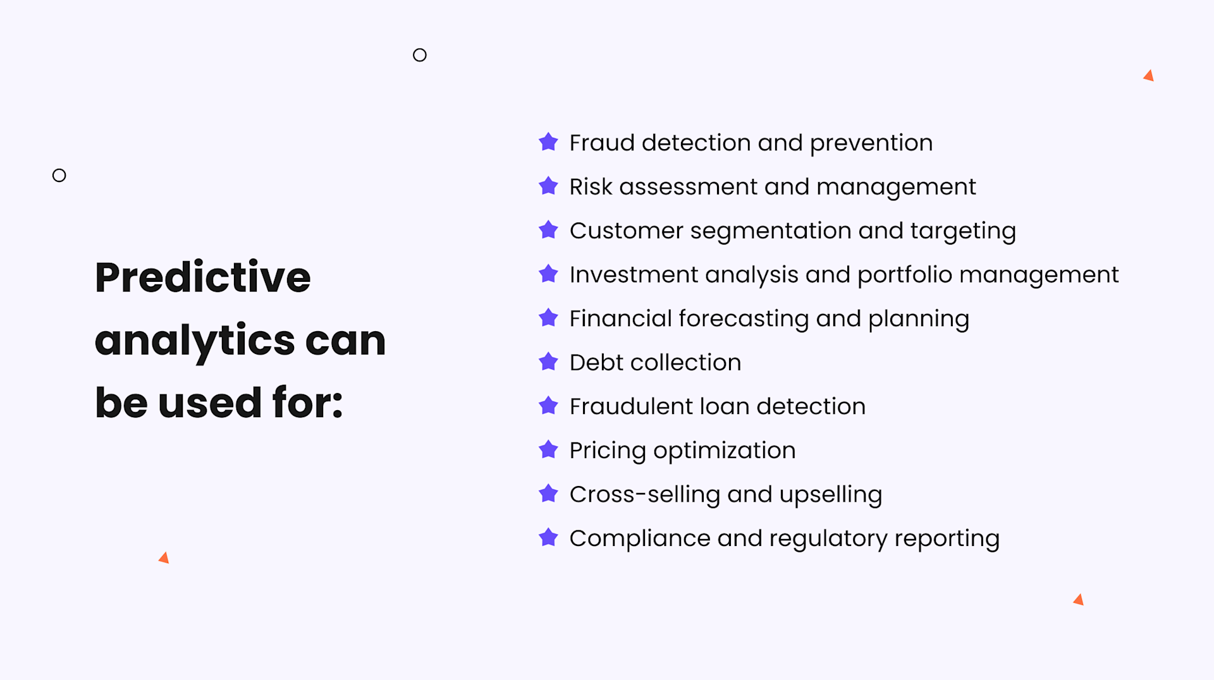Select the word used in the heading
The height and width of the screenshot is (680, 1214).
(x=209, y=403)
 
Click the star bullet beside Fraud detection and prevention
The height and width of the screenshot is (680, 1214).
(x=548, y=142)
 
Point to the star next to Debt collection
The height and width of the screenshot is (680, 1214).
(x=548, y=362)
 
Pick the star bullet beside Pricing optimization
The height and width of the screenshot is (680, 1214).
(x=548, y=450)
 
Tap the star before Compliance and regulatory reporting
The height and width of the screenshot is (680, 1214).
(x=548, y=538)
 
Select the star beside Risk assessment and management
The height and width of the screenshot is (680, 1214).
(x=548, y=186)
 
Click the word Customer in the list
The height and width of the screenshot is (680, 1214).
(x=626, y=231)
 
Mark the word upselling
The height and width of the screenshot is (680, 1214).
(x=830, y=494)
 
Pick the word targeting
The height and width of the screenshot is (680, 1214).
(x=962, y=231)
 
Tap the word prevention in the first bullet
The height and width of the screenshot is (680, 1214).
(x=871, y=143)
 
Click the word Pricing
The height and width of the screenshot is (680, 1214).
(x=608, y=451)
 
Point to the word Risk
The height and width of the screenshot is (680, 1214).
(x=591, y=186)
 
